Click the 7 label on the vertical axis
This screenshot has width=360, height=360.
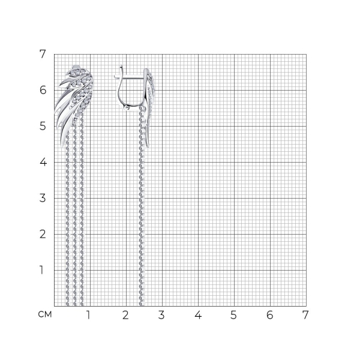pyautogui.click(x=43, y=54)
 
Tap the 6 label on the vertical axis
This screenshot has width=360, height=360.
pyautogui.click(x=43, y=90)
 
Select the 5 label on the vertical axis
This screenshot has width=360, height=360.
pyautogui.click(x=43, y=126)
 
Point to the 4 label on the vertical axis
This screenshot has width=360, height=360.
pyautogui.click(x=43, y=162)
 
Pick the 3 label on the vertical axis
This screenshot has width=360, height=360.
pyautogui.click(x=43, y=198)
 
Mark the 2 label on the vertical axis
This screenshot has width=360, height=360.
pyautogui.click(x=43, y=234)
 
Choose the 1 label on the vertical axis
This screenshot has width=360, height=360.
pyautogui.click(x=41, y=270)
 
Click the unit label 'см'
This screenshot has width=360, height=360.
pyautogui.click(x=45, y=314)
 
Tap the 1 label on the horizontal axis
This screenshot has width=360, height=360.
pyautogui.click(x=88, y=315)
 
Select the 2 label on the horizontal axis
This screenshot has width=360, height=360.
pyautogui.click(x=125, y=315)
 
